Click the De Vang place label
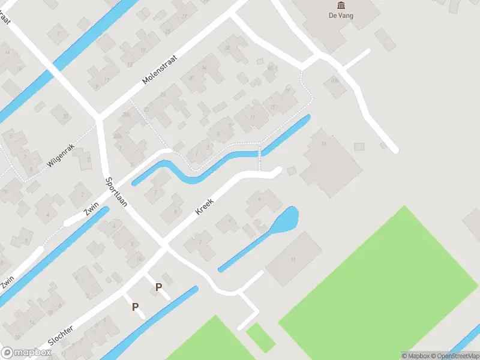pos(341,16)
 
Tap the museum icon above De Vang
pos(341,6)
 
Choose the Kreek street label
pos(205,207)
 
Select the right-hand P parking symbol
pos(158,287)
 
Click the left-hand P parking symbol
pos(136,307)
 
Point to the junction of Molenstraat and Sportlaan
pos(100,118)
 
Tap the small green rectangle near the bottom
pos(260,337)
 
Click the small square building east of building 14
pos(359,146)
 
